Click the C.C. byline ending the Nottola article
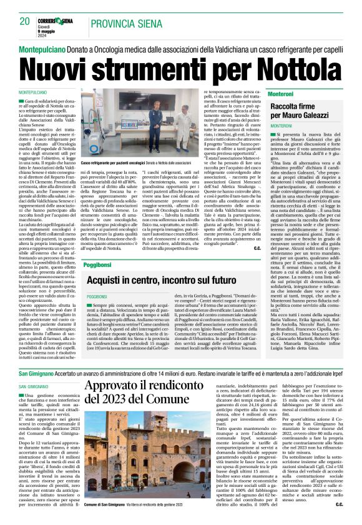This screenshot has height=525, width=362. click(x=257, y=248)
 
